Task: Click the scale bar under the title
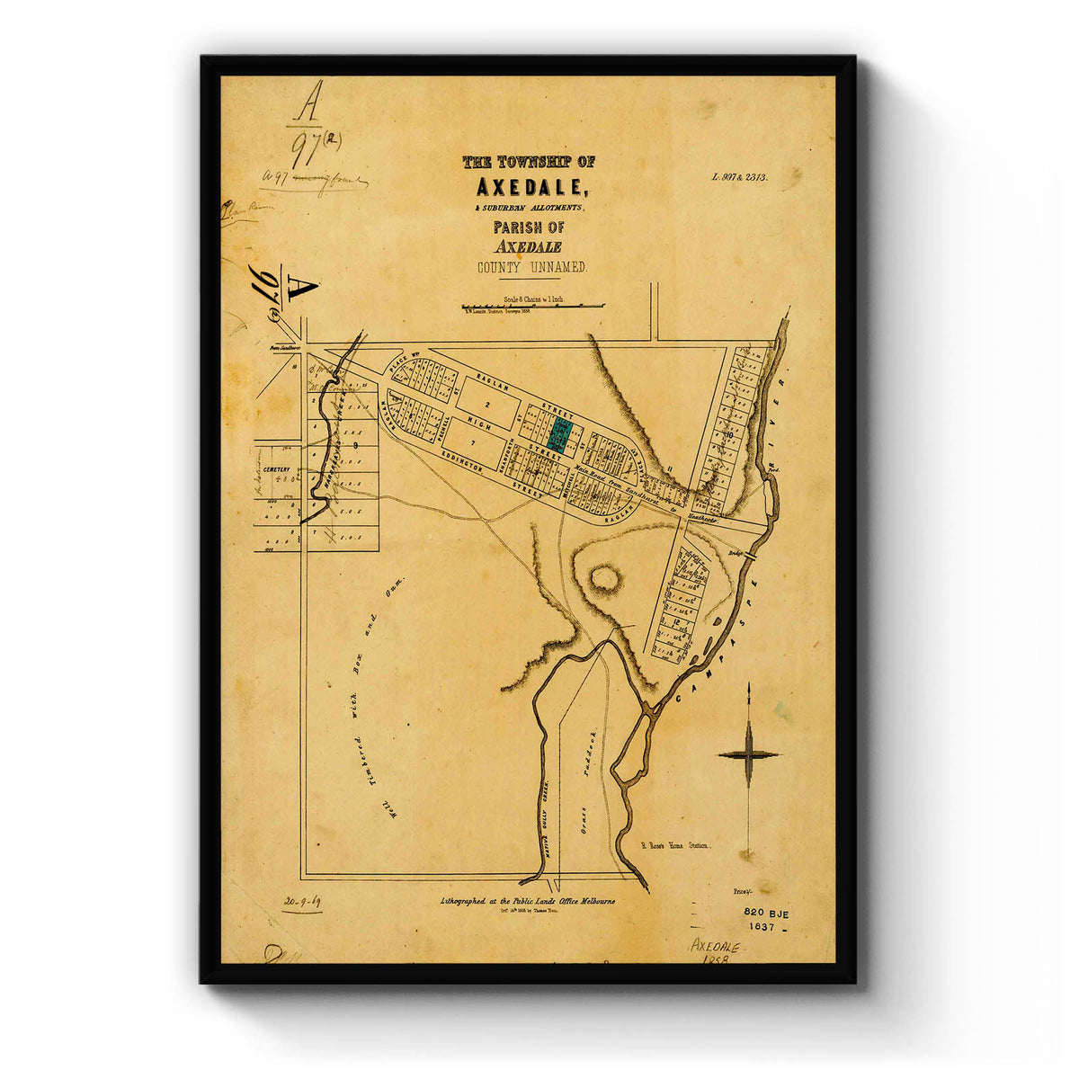point(532,306)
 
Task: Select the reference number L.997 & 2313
point(739,178)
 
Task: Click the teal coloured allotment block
point(560,433)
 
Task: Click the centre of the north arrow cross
point(749,754)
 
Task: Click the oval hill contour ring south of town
point(603,579)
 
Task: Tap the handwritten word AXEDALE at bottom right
point(715,947)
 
